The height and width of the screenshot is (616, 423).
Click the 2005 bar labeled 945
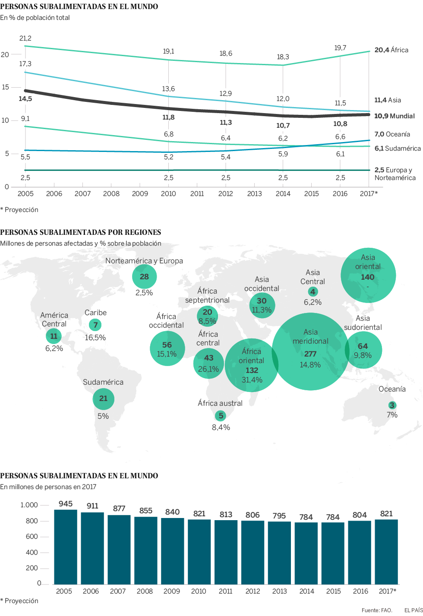(x=66, y=547)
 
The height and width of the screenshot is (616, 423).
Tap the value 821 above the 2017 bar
(x=386, y=514)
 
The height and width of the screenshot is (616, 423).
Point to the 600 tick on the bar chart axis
(x=32, y=537)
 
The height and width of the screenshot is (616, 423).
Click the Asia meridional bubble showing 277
(x=310, y=352)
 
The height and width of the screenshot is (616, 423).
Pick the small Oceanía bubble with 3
(x=392, y=405)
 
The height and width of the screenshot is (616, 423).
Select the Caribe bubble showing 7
(x=95, y=325)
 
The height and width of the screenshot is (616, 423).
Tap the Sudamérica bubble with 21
(x=103, y=398)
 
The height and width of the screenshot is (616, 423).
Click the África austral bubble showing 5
(x=221, y=416)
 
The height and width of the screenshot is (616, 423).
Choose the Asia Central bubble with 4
(x=313, y=292)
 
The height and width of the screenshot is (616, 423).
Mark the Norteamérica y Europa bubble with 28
(x=144, y=277)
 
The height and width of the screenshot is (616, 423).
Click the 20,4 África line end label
(x=391, y=50)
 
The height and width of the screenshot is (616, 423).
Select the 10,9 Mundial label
(x=394, y=116)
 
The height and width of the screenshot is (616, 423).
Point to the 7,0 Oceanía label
(x=392, y=134)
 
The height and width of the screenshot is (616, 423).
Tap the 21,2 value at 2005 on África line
(x=25, y=38)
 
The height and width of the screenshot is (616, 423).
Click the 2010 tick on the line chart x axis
(x=168, y=194)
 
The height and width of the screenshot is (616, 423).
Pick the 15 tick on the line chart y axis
(x=5, y=87)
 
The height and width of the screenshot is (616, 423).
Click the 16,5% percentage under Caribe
(x=95, y=338)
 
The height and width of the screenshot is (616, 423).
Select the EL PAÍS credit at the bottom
(x=413, y=610)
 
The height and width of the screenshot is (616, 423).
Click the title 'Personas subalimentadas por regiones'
(x=81, y=232)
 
